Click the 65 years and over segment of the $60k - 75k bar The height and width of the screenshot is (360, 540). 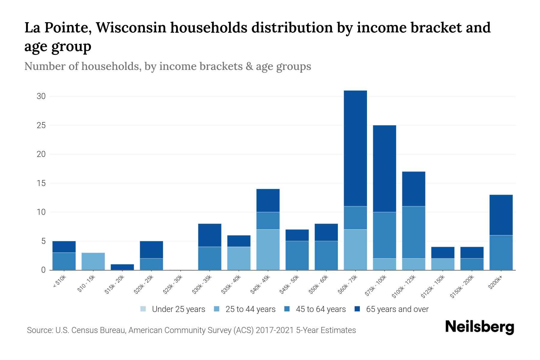pos(355,148)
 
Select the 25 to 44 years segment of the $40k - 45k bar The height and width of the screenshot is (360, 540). pos(268,250)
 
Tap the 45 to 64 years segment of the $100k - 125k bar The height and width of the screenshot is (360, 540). pos(413,232)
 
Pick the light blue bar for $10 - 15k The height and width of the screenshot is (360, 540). pos(93,261)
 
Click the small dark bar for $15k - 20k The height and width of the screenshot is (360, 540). pos(122,267)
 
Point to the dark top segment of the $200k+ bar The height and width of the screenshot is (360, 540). pos(501,215)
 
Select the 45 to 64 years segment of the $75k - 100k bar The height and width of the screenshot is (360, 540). pos(384,235)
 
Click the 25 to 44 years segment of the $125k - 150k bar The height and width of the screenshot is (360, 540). pos(442,264)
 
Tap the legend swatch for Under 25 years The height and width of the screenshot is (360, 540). pos(143,309)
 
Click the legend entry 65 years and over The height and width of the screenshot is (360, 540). pos(397,309)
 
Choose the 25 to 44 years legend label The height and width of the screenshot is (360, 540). pos(250,309)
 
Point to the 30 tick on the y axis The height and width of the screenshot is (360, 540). pos(41,96)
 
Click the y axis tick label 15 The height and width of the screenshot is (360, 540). pos(41,183)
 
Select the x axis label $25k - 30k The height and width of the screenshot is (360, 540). pos(173,286)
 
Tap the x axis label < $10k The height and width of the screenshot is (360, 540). pos(59,282)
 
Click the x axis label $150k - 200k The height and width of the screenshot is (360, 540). pos(462,287)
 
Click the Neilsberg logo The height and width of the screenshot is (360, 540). pos(479,327)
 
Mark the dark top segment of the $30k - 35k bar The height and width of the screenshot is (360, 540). pos(210,235)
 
